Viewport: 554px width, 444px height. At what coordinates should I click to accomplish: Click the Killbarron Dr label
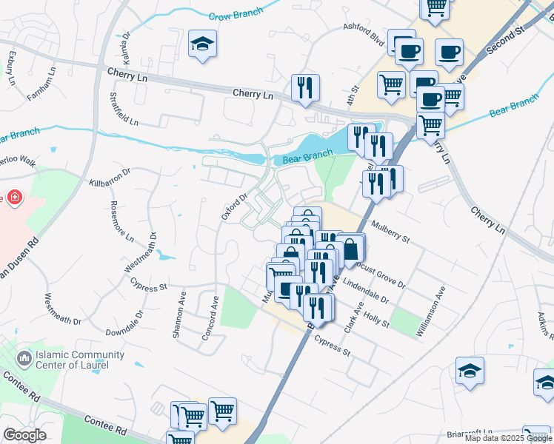tap(110, 176)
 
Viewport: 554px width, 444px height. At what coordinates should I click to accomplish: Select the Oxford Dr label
tap(233, 206)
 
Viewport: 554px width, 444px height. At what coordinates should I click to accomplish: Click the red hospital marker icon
tap(14, 198)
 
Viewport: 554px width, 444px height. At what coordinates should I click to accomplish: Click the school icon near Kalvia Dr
tap(201, 44)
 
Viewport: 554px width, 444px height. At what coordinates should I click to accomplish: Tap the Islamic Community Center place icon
tap(24, 359)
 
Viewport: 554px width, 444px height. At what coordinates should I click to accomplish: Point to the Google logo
tap(24, 435)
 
